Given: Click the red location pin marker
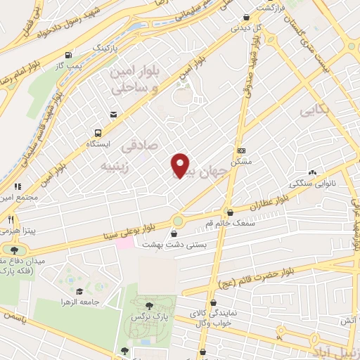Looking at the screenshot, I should [181, 165].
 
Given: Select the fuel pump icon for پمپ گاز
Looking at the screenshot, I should [68, 56].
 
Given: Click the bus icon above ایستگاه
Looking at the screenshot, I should [98, 133].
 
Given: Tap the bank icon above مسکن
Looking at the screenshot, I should [242, 150].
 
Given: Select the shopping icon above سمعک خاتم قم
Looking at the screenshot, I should [230, 212].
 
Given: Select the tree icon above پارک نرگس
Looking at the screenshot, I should [148, 306].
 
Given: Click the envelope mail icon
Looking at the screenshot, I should [113, 115].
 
